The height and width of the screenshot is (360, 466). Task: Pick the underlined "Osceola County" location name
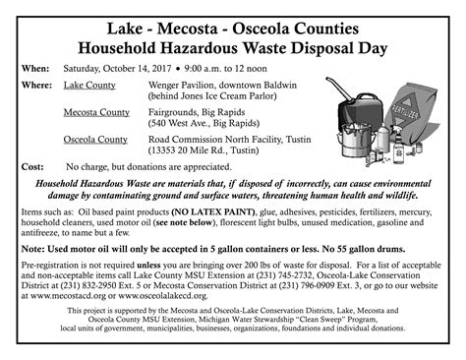coord(95,140)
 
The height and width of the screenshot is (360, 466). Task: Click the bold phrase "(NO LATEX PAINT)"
coord(223,212)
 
